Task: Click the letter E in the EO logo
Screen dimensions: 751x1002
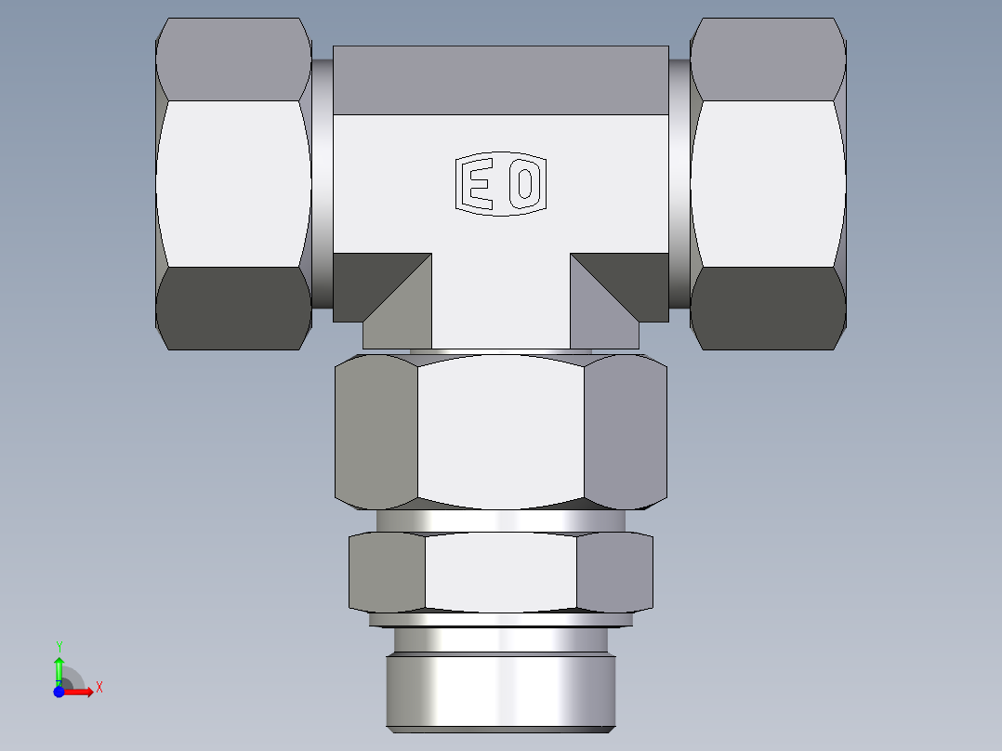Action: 479,184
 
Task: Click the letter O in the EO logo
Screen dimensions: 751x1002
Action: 524,184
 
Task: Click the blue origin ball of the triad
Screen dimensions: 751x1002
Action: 59,692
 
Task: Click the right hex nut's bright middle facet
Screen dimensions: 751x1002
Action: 768,183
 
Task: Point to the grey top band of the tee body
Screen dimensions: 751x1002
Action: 500,80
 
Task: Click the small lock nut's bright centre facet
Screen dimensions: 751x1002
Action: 500,572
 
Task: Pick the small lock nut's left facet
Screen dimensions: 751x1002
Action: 387,572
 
